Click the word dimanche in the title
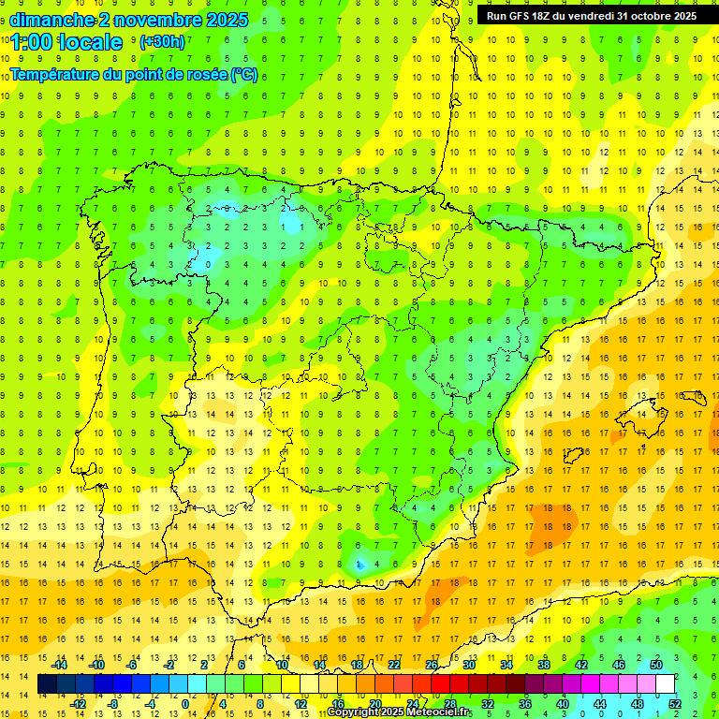[51, 20]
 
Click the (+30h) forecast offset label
[162, 42]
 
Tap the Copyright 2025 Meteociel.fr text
[400, 712]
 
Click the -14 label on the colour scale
[60, 665]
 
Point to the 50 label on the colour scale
[656, 665]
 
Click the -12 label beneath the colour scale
[78, 704]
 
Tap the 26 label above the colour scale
[432, 665]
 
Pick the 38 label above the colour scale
[544, 665]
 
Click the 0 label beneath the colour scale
[186, 704]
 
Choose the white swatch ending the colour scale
[665, 684]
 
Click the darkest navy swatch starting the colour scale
[47, 684]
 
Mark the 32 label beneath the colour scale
[488, 704]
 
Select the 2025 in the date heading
[227, 20]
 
